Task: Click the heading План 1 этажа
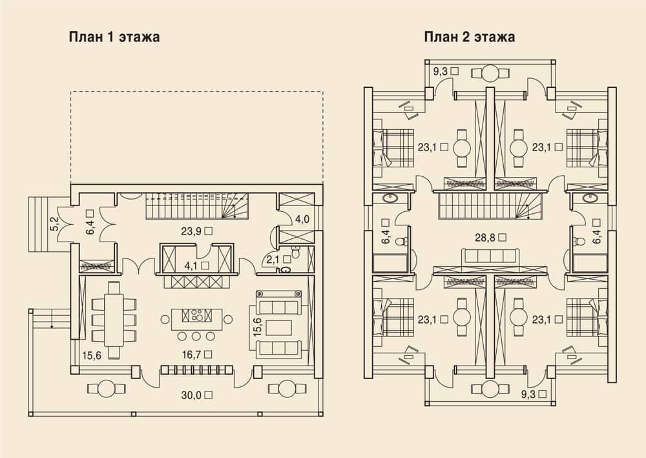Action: (114, 37)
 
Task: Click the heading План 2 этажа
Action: (470, 37)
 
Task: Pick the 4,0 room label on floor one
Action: (302, 219)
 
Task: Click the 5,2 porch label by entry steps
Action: (55, 224)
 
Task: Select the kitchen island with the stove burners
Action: (196, 316)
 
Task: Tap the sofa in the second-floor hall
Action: (490, 256)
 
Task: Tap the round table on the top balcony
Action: (490, 73)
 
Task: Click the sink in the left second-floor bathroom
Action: (389, 198)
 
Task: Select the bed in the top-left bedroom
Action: (393, 148)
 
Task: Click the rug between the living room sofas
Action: (279, 328)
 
